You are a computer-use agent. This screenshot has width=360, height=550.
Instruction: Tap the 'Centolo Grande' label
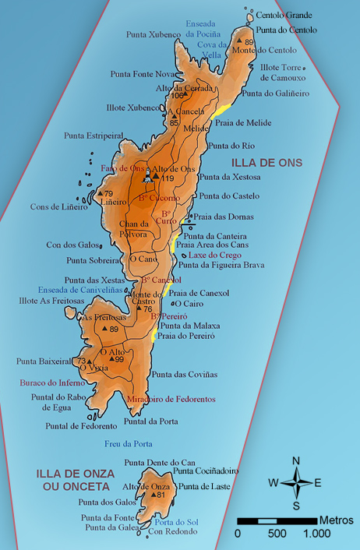pos(285,15)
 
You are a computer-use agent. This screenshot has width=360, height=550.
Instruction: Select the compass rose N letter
pos(296,460)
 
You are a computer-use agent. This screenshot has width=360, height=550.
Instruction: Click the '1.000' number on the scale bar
pos(316,534)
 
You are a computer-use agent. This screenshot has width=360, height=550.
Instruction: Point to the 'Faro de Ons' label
pos(122,168)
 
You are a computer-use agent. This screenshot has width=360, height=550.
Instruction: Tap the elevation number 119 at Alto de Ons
pos(167,178)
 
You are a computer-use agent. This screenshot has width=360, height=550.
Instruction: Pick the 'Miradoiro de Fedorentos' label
pos(171,399)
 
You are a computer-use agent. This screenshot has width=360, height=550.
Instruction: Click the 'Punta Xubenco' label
pos(153,34)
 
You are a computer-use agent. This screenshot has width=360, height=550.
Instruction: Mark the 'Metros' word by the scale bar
pos(335,520)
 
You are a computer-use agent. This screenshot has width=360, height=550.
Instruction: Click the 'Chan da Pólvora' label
pos(133,228)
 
